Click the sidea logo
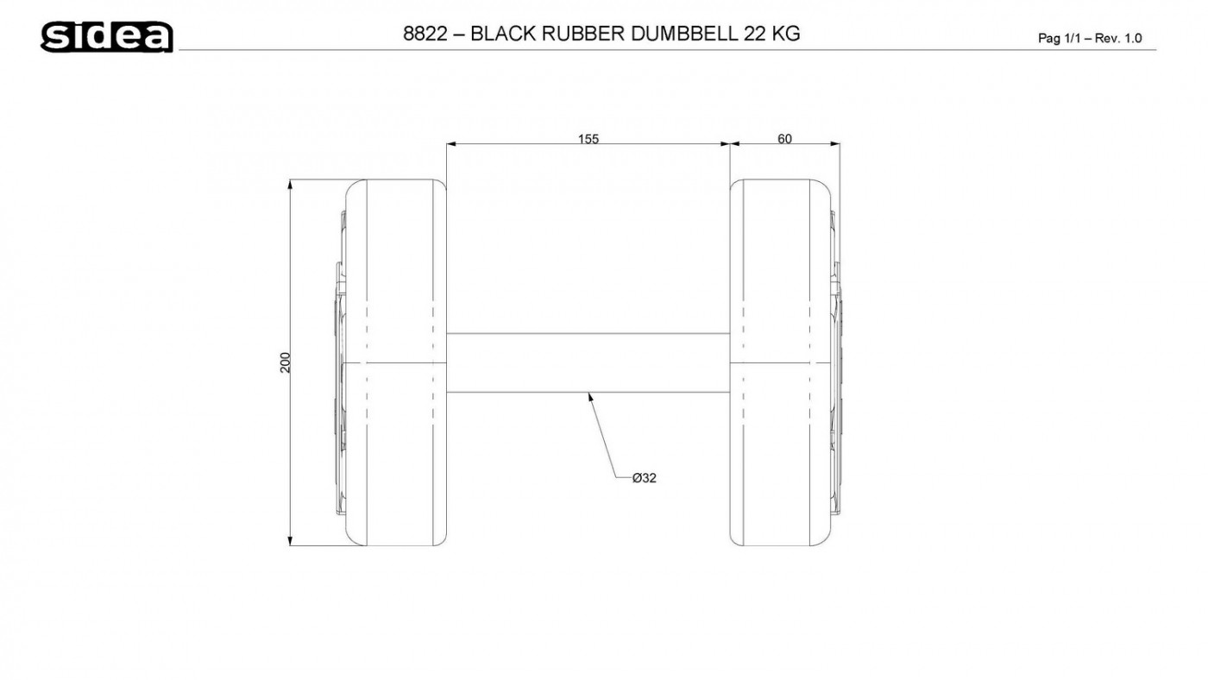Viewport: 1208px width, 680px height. (107, 36)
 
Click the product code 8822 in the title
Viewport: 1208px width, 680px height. (425, 34)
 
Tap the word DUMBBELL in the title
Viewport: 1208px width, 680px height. (683, 34)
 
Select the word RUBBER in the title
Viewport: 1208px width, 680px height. (583, 34)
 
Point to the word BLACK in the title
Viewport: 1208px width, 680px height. (504, 34)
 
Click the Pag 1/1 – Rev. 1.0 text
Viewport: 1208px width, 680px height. (1090, 38)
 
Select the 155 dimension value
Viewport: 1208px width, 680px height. (588, 139)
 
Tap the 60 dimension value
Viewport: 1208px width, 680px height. (784, 139)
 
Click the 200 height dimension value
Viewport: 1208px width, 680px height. (286, 362)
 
